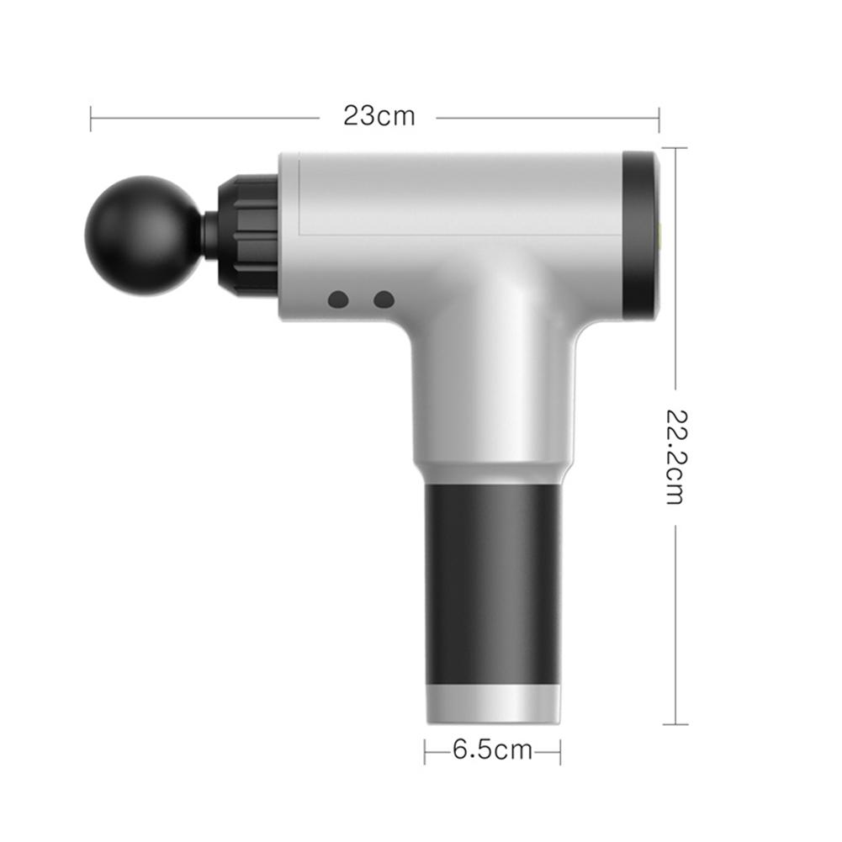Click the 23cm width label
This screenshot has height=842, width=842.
click(379, 115)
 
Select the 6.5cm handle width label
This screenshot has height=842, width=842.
click(492, 749)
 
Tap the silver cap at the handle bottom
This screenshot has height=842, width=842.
click(493, 704)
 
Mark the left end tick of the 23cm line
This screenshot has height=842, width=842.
click(91, 118)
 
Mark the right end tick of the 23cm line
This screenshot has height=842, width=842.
click(659, 118)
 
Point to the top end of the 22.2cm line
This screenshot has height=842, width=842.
click(675, 148)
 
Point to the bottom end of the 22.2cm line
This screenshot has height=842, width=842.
click(675, 723)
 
